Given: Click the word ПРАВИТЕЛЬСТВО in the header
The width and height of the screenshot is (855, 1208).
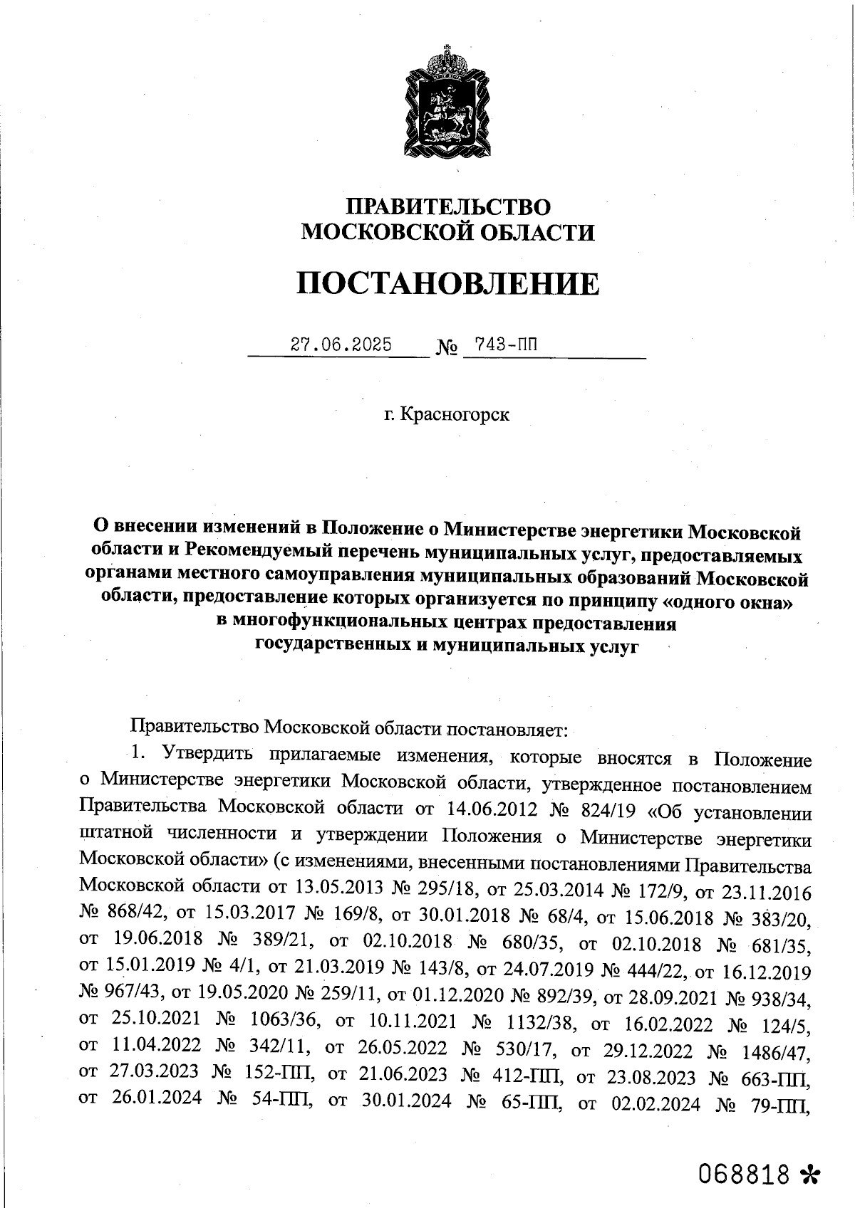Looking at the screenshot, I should point(448,206).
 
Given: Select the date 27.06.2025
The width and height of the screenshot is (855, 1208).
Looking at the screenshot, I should point(341,345).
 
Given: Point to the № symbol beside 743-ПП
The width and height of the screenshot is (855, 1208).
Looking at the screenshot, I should point(445,348).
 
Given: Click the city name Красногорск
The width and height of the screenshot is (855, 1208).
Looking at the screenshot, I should point(455,414).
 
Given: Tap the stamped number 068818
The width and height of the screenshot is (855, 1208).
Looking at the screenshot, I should point(745,1172).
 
